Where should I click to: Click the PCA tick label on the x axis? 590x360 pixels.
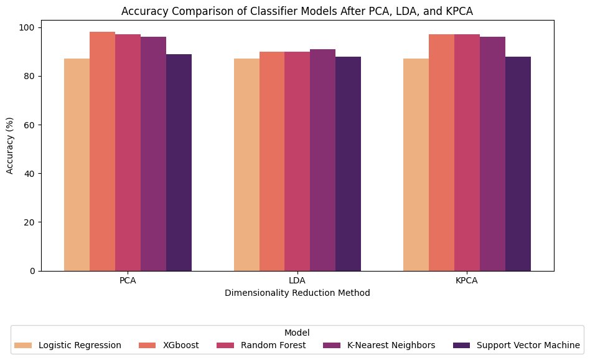click(x=128, y=281)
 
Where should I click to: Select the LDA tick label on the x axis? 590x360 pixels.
click(x=297, y=281)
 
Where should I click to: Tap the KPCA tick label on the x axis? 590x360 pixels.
click(x=467, y=281)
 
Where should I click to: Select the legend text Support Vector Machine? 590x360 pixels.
click(x=528, y=344)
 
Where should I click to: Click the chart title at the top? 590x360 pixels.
click(x=297, y=11)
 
